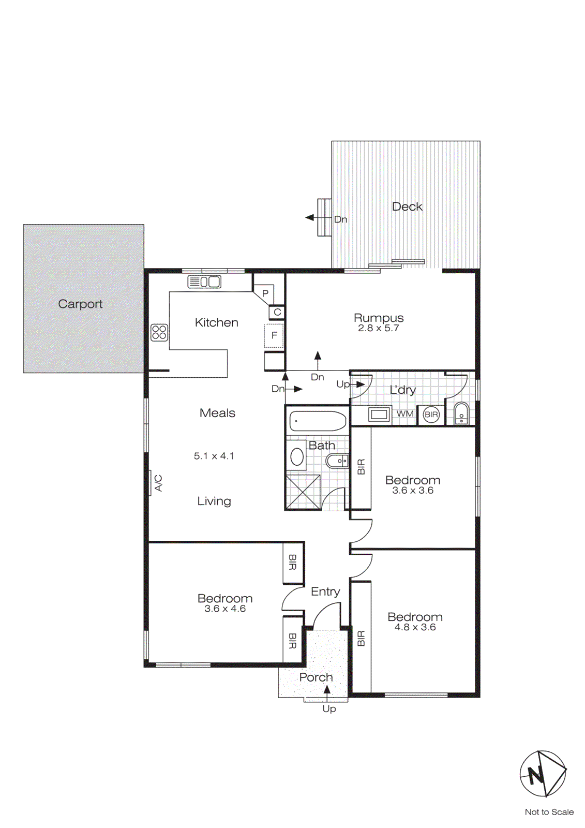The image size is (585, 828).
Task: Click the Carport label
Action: tap(80, 304)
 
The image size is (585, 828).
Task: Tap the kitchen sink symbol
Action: tap(204, 282)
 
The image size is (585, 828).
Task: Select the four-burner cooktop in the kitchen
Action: tap(159, 332)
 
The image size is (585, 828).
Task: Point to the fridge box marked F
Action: tap(274, 335)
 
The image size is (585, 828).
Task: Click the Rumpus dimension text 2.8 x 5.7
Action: tap(378, 328)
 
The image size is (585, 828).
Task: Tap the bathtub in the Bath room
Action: tap(317, 421)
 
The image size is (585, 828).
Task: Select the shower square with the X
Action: tap(303, 492)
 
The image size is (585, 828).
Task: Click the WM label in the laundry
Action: tap(404, 413)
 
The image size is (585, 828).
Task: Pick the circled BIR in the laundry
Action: tap(431, 414)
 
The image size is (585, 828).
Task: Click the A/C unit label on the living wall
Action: tap(158, 483)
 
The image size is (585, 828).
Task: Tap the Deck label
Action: tap(407, 206)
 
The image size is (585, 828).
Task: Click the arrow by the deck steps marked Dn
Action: tap(310, 218)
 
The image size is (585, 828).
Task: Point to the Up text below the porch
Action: tap(329, 708)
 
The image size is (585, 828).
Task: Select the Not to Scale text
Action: tap(549, 812)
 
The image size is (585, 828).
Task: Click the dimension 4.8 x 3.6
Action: tap(415, 627)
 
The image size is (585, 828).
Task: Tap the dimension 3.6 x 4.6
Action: tap(225, 609)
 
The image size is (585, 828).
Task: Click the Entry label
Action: tap(325, 592)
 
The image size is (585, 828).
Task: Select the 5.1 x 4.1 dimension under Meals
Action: tap(214, 456)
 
